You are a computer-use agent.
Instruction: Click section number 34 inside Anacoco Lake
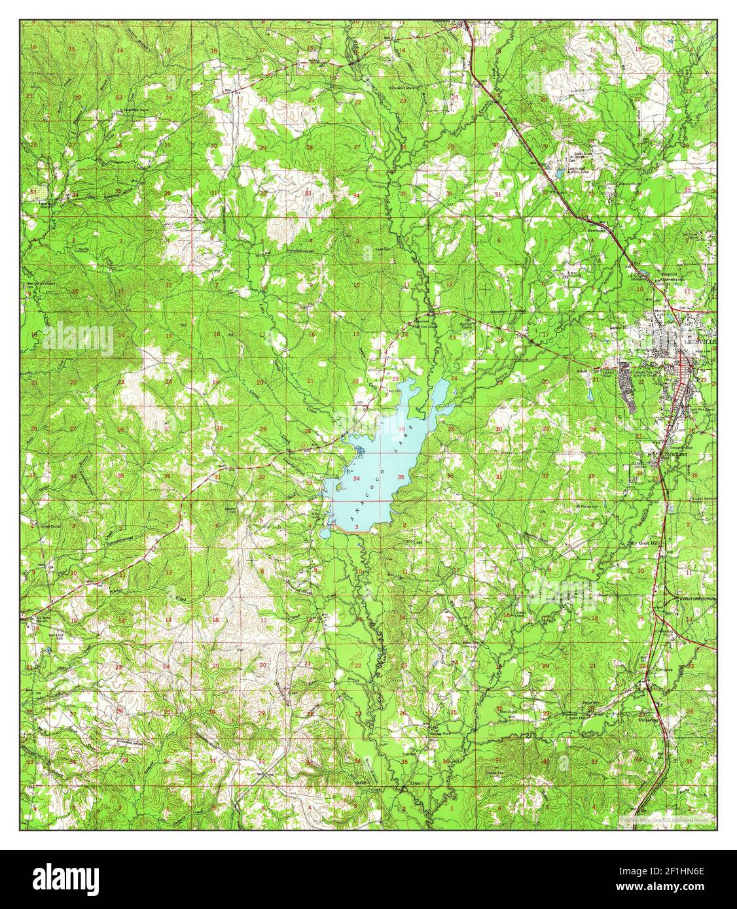tap(355, 479)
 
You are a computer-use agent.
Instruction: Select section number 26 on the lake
tap(401, 429)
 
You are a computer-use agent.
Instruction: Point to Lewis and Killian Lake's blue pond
tap(560, 172)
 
